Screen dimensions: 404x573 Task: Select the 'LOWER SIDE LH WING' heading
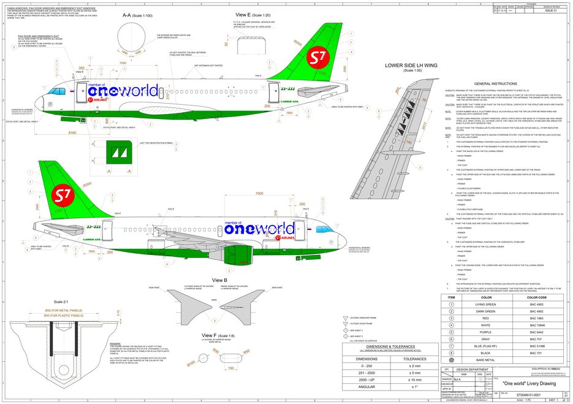[x=408, y=65]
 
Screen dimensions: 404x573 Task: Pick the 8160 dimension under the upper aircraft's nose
[x=72, y=132]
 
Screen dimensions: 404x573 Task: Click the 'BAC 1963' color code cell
[x=537, y=319]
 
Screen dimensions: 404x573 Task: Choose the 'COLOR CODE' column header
[x=537, y=296]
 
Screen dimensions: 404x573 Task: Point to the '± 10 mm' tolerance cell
[x=414, y=379]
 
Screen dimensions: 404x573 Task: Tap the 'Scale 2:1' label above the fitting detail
[x=62, y=302]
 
